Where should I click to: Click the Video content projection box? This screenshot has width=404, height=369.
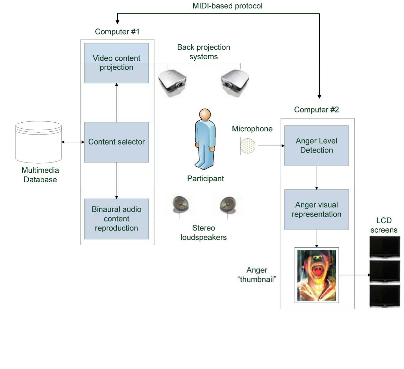point(116,63)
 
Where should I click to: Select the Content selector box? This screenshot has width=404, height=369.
point(116,142)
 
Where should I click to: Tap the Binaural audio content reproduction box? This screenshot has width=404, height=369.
point(116,219)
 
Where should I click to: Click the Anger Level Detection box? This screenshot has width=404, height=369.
point(316,145)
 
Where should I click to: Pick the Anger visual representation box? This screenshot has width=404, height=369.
point(316,210)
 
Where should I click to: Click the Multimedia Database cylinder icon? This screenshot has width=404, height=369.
point(39,142)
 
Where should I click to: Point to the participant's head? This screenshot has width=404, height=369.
point(205,114)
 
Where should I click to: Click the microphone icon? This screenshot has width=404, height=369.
point(247,146)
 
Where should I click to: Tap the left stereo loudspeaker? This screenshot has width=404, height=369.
point(181,203)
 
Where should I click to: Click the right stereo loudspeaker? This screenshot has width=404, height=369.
point(228,204)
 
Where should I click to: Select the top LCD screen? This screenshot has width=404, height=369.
point(385,246)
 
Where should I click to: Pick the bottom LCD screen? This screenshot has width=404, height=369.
point(385,296)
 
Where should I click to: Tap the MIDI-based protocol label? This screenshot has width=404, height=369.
point(227,6)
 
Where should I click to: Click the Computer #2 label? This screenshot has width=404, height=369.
point(316,110)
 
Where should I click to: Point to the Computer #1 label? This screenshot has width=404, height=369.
point(117,32)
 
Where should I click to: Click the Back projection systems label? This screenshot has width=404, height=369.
point(204,52)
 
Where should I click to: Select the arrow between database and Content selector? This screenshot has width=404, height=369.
point(73,142)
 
